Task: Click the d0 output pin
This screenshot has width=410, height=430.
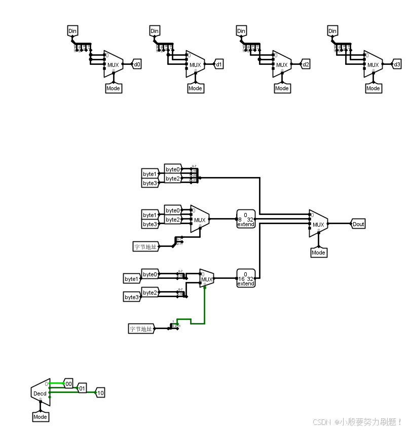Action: tap(137, 64)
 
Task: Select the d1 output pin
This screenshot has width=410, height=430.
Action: tap(218, 64)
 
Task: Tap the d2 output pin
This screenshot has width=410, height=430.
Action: tap(305, 64)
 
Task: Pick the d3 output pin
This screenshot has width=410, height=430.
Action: tap(397, 64)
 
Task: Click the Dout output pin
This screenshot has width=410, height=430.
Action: tap(358, 224)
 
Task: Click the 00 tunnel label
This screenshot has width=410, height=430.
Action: tap(68, 383)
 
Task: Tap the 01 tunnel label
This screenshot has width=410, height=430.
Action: tap(82, 388)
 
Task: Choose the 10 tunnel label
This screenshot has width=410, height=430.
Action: tap(100, 392)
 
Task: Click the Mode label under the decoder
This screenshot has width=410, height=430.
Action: tap(40, 417)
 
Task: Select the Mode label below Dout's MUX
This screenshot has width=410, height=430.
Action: tap(318, 253)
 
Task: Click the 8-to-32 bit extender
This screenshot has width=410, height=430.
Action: tap(245, 219)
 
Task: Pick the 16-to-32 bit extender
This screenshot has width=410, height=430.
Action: tap(245, 278)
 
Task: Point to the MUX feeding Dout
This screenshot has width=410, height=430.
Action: tap(318, 224)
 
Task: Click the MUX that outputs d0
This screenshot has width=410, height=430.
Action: tap(113, 64)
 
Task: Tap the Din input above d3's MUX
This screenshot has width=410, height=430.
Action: tap(332, 31)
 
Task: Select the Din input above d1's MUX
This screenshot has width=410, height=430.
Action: tap(155, 31)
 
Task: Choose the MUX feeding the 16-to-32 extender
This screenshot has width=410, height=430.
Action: tap(207, 278)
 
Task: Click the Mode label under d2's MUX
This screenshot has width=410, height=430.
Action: tap(282, 88)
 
